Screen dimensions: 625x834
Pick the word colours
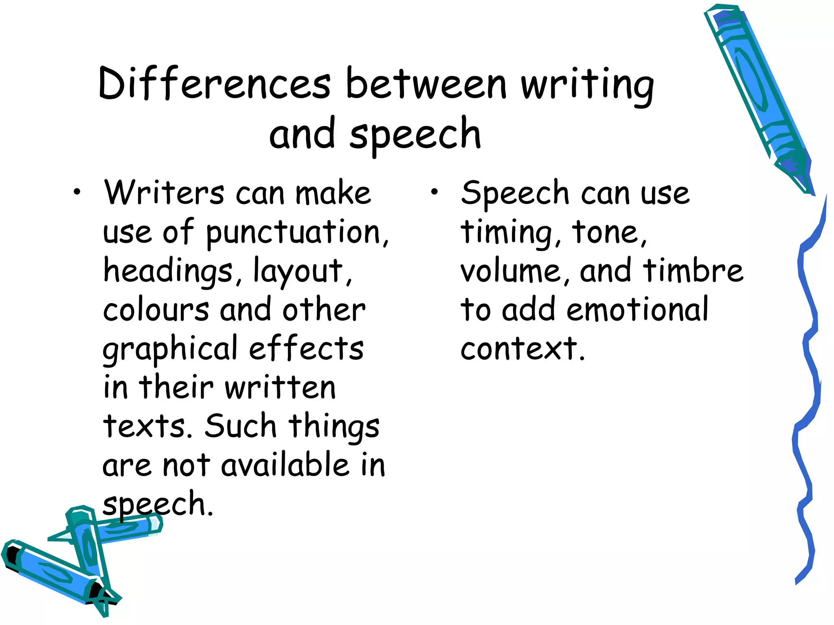[156, 310]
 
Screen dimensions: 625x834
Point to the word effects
[306, 348]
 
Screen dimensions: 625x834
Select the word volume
[511, 271]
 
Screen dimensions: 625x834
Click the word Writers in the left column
[164, 193]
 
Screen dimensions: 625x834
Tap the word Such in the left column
[240, 426]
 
